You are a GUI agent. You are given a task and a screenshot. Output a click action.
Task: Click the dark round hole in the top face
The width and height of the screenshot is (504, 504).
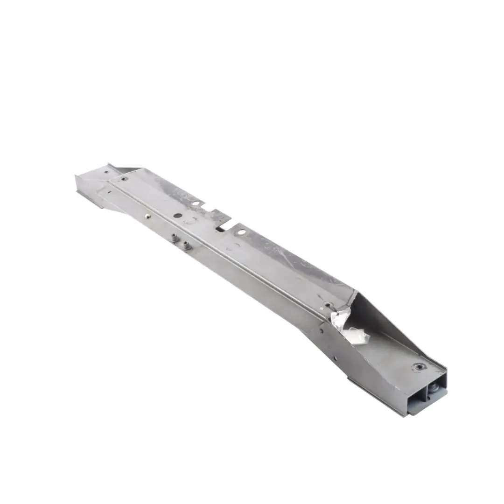[x=178, y=216]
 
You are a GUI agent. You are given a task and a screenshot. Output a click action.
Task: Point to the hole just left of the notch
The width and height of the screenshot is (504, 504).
[x=196, y=203]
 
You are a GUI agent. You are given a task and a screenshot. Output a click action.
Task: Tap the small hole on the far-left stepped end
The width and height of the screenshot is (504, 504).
[x=107, y=172]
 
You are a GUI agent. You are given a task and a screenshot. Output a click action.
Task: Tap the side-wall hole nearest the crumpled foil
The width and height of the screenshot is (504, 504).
[x=322, y=330]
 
